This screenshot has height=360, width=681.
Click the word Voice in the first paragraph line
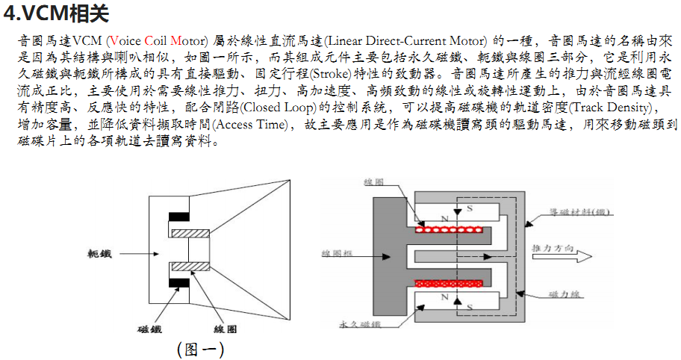pos(125,40)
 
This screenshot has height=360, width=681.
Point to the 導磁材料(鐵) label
pos(580,211)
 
